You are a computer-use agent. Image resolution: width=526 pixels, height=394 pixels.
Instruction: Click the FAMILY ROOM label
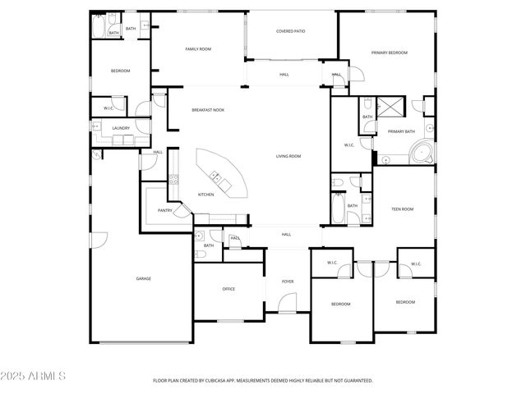pyautogui.click(x=198, y=49)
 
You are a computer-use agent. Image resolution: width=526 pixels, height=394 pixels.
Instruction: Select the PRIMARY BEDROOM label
pyautogui.click(x=389, y=53)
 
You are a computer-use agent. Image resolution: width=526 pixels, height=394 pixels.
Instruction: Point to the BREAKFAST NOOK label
pyautogui.click(x=208, y=110)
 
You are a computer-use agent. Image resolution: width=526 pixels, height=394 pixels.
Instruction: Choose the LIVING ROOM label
pyautogui.click(x=288, y=156)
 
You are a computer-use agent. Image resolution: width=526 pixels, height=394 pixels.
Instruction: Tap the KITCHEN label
pyautogui.click(x=205, y=195)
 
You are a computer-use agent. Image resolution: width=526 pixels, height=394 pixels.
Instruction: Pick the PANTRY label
pyautogui.click(x=164, y=210)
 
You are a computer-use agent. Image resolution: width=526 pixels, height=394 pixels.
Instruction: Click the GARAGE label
pyautogui.click(x=143, y=278)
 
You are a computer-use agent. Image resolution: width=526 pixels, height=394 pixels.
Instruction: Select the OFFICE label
pyautogui.click(x=228, y=289)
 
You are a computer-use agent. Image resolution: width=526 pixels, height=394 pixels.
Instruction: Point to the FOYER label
pyautogui.click(x=288, y=282)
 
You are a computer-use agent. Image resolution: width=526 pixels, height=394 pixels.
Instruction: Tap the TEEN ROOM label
pyautogui.click(x=402, y=209)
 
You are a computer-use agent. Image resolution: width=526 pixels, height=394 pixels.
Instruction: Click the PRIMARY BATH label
pyautogui.click(x=401, y=131)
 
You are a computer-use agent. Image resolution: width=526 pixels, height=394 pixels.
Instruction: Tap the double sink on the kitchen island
pyautogui.click(x=216, y=175)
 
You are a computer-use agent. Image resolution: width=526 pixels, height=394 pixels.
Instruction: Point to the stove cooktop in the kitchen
pyautogui.click(x=173, y=178)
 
